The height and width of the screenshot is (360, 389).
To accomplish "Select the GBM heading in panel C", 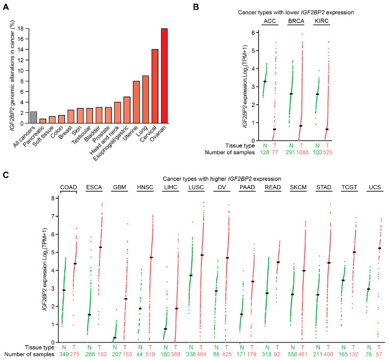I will tap(120, 187).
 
